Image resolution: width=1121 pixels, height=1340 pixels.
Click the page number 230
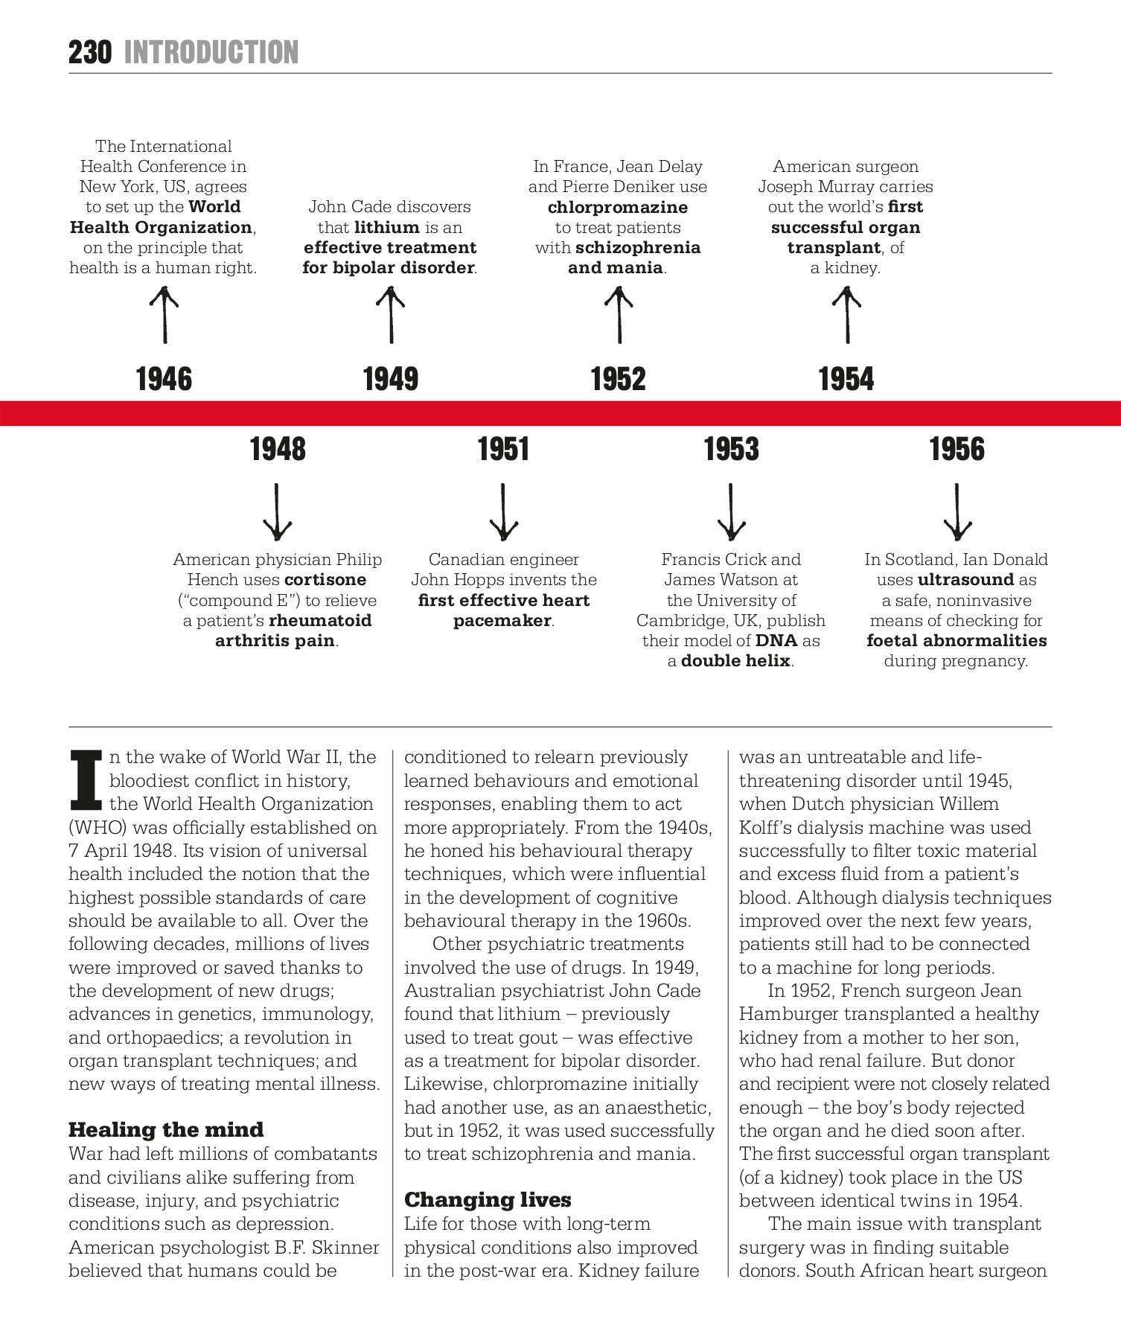pyautogui.click(x=90, y=53)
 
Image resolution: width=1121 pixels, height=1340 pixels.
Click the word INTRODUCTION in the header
pyautogui.click(x=211, y=53)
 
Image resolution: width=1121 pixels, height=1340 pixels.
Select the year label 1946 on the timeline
pyautogui.click(x=164, y=379)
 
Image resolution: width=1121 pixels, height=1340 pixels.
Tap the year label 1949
pyautogui.click(x=391, y=379)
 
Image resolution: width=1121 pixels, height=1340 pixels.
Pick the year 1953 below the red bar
pyautogui.click(x=731, y=449)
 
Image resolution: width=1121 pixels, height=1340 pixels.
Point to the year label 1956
pyautogui.click(x=956, y=449)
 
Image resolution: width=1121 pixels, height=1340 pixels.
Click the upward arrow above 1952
pyautogui.click(x=619, y=316)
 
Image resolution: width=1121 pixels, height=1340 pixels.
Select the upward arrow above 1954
pyautogui.click(x=846, y=316)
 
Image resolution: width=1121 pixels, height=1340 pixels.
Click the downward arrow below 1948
pyautogui.click(x=277, y=512)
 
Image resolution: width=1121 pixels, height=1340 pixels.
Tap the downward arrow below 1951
pyautogui.click(x=503, y=512)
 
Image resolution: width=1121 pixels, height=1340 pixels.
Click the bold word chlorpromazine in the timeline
pyautogui.click(x=618, y=207)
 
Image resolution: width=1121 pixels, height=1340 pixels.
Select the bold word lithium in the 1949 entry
pyautogui.click(x=387, y=227)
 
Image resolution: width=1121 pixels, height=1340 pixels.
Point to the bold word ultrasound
pyautogui.click(x=966, y=579)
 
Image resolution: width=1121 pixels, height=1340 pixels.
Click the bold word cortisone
pyautogui.click(x=325, y=579)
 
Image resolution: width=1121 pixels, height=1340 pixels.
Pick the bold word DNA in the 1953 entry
pyautogui.click(x=776, y=640)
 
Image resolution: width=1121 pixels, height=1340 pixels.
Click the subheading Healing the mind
pyautogui.click(x=166, y=1129)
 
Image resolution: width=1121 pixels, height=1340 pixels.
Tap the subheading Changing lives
pyautogui.click(x=488, y=1199)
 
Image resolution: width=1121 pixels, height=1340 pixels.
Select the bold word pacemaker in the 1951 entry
pyautogui.click(x=502, y=620)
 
